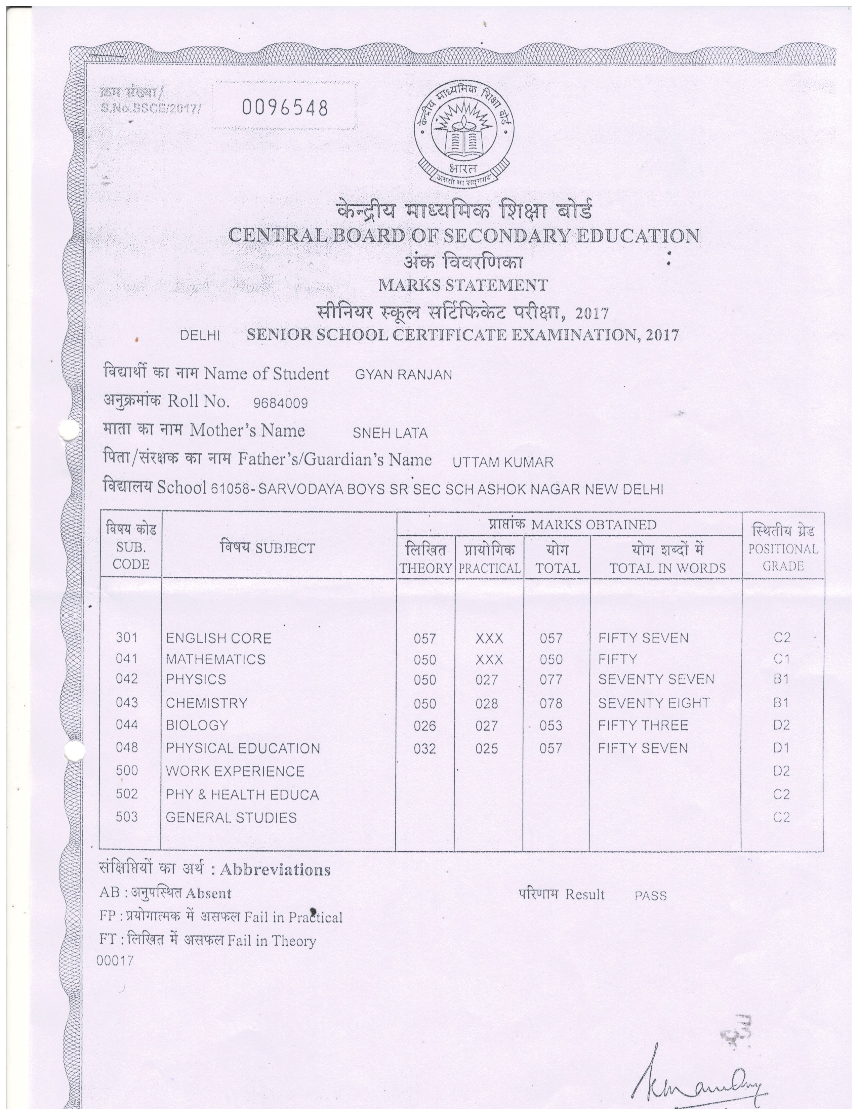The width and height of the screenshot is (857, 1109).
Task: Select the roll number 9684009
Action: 280,404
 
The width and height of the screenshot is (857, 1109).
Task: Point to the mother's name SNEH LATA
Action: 390,433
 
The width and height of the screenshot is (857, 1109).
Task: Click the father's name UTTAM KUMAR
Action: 503,462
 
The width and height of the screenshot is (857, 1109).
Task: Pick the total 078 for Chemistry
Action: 551,703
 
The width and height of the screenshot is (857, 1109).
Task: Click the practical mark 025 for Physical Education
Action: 486,748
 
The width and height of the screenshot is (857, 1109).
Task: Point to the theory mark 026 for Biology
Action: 424,726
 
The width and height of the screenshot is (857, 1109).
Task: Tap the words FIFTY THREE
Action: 643,725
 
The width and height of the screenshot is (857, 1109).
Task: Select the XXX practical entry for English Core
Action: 489,639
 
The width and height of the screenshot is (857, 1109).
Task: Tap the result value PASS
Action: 650,896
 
